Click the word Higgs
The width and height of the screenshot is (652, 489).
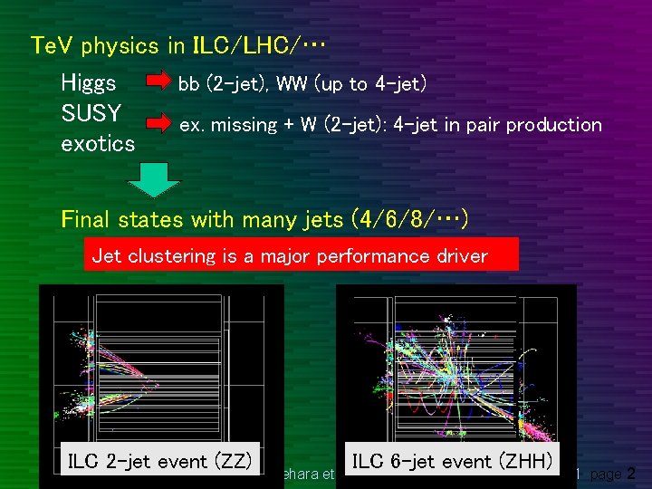(88, 83)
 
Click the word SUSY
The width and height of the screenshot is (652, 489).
(91, 113)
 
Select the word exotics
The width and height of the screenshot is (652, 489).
(97, 143)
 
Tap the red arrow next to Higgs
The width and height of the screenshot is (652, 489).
(160, 84)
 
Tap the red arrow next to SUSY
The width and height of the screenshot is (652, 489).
(160, 120)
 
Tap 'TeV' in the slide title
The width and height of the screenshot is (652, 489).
(50, 43)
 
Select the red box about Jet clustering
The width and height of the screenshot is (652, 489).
(301, 255)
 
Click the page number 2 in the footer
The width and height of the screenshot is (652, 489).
(631, 473)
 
